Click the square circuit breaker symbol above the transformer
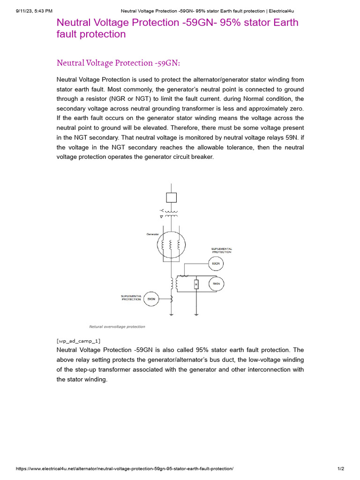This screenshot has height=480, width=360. click(172, 197)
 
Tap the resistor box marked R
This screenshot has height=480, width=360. click(196, 284)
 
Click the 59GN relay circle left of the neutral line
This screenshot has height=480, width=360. click(151, 299)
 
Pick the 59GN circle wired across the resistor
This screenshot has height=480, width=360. click(216, 284)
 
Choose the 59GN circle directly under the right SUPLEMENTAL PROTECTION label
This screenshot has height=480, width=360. click(216, 264)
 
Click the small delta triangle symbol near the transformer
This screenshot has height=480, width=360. click(162, 217)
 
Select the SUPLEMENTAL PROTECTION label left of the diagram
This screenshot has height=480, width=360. click(131, 298)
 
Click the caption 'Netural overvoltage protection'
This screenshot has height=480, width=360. click(117, 327)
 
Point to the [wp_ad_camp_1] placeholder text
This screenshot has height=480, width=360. click(78, 341)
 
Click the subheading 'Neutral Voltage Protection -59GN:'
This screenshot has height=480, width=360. click(118, 63)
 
